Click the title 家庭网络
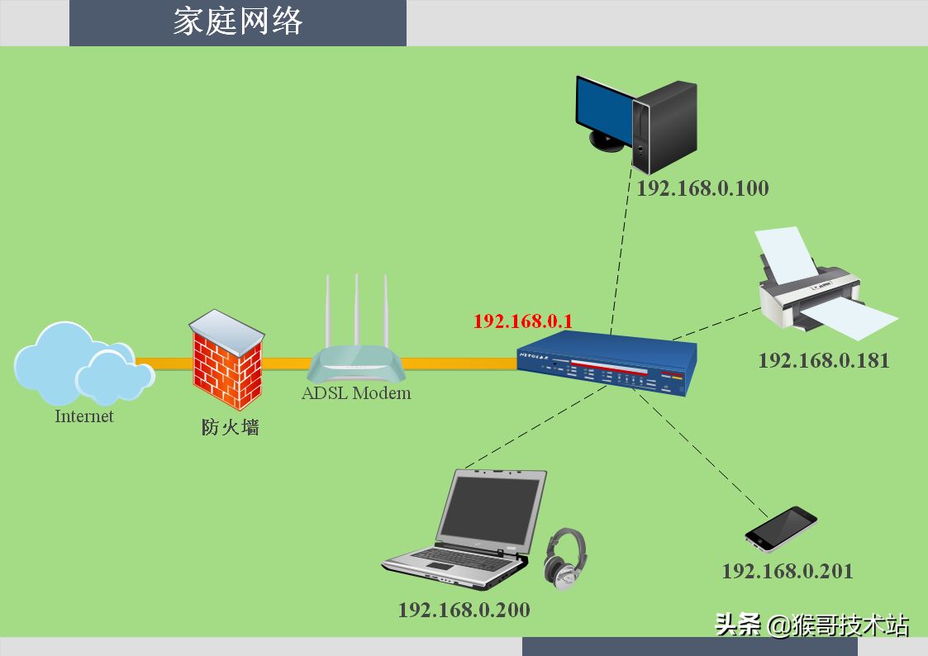[x=238, y=21]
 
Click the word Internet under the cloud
[x=84, y=416]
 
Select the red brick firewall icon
[x=226, y=359]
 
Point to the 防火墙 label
[x=231, y=427]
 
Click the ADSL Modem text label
[x=355, y=393]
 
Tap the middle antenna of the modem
[x=356, y=311]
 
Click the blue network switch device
[x=607, y=363]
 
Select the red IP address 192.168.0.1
[x=522, y=321]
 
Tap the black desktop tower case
[x=665, y=127]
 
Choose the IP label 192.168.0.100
[x=702, y=188]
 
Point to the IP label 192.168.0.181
[x=824, y=361]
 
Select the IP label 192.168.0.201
[x=788, y=572]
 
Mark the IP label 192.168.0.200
[x=464, y=611]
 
